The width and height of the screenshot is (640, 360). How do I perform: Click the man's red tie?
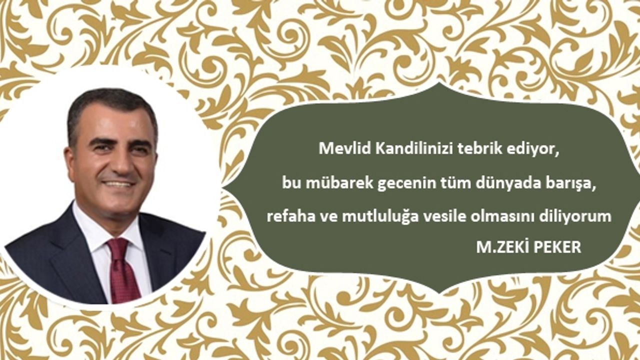click(x=122, y=271)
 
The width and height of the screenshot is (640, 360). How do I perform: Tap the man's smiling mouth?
click(x=119, y=183)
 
